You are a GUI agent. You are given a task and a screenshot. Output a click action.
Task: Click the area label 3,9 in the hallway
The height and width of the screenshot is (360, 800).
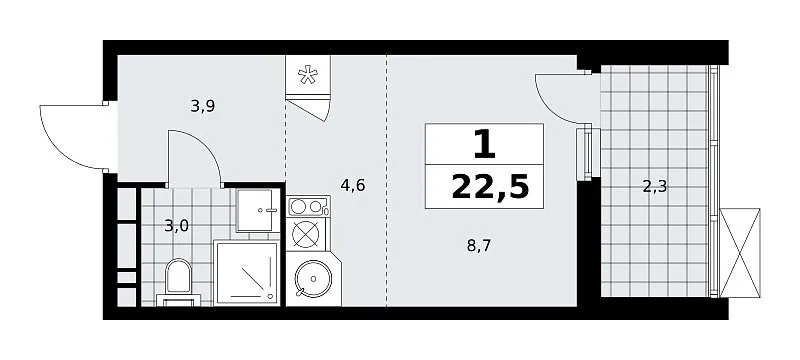(x=203, y=106)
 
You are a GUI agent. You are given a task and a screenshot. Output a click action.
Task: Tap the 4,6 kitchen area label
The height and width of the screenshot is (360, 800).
(x=353, y=185)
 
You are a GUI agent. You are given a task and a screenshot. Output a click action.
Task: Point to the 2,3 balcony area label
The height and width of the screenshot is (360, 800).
(x=655, y=187)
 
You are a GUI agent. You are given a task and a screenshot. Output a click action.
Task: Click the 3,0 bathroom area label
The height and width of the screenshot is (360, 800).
(x=177, y=225)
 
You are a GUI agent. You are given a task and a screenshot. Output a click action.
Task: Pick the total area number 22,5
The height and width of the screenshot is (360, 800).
(x=490, y=188)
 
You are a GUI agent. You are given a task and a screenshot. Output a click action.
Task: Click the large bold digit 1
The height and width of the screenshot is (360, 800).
(x=484, y=144)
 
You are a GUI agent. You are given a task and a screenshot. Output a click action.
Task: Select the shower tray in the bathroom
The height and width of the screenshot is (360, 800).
(x=247, y=273)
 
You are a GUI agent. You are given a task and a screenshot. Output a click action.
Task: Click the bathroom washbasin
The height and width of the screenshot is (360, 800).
(x=258, y=210)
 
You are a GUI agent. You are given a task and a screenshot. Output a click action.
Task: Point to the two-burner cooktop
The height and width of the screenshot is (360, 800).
(x=308, y=207)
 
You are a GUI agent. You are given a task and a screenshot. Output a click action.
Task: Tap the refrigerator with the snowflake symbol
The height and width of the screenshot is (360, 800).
(x=308, y=75)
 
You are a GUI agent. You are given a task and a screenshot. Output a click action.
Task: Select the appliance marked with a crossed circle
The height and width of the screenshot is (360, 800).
(x=306, y=236)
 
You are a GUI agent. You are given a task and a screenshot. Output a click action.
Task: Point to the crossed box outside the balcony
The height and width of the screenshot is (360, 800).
(x=739, y=252)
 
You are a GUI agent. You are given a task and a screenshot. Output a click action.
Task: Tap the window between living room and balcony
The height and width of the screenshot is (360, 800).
(x=585, y=153)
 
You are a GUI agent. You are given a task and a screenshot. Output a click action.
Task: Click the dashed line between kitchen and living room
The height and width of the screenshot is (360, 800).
(x=386, y=181)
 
